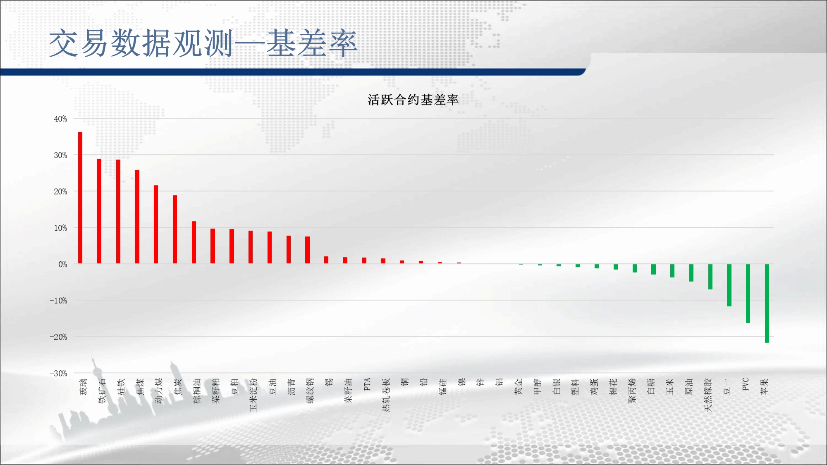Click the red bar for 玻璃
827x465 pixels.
point(80,198)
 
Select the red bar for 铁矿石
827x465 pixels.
point(99,211)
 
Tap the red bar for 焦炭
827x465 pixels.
point(175,229)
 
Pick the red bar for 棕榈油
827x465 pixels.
point(194,243)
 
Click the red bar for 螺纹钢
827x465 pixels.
point(307,250)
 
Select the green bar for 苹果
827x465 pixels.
point(767,303)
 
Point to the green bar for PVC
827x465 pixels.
point(748,293)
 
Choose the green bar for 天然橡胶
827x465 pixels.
point(710,277)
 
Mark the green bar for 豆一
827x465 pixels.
point(729,285)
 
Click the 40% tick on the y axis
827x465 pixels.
point(60,119)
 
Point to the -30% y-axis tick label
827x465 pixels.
point(58,374)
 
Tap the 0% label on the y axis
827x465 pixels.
point(62,265)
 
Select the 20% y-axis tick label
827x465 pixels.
point(60,192)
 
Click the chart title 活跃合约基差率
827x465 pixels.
point(413,100)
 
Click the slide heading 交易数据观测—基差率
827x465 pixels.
point(203,43)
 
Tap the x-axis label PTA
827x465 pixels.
point(367,384)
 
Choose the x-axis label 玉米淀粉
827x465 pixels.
point(253,395)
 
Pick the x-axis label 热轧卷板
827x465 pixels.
point(386,395)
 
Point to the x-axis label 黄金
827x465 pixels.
point(519,386)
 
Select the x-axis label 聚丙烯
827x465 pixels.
point(632,391)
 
